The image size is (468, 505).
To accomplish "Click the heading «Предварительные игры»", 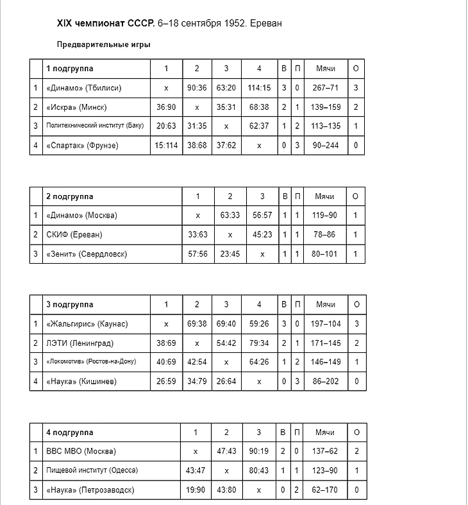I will [x=103, y=45].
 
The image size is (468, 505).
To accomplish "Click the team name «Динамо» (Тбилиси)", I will [x=84, y=88].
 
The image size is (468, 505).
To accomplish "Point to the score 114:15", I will [x=259, y=88].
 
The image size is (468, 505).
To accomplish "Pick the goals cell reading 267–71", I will [x=325, y=88].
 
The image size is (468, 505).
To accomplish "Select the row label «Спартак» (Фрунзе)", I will [x=82, y=146].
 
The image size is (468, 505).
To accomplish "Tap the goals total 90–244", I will [x=325, y=146].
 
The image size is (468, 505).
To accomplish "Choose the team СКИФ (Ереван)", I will [x=74, y=235].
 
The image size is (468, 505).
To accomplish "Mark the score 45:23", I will [x=262, y=235].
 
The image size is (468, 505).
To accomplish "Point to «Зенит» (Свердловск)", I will [x=87, y=254].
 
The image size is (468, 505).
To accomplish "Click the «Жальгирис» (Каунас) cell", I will [x=87, y=324].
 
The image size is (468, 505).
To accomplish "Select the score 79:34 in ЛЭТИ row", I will [x=259, y=343].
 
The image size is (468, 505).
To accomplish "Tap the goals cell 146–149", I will [x=325, y=363].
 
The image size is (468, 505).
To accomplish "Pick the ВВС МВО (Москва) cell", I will [x=81, y=451].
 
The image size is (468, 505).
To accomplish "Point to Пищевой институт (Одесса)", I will [x=92, y=470].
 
